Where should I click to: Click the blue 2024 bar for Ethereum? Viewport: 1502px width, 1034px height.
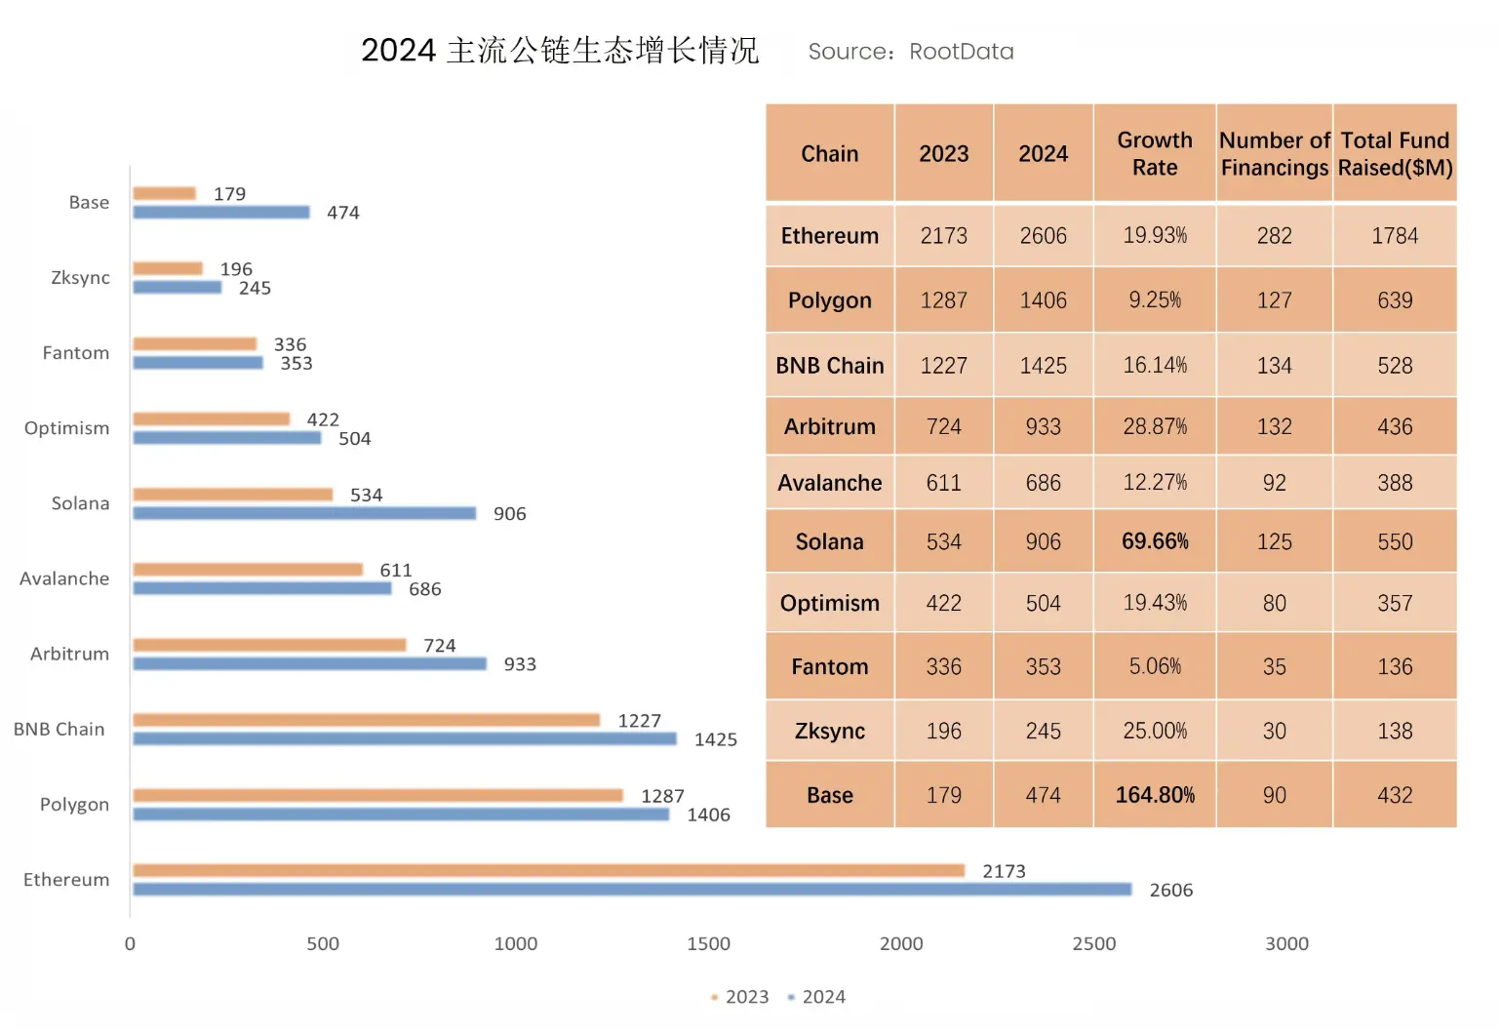632,890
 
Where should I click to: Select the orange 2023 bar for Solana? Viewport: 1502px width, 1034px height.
232,495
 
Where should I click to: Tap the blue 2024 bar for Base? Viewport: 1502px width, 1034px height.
221,213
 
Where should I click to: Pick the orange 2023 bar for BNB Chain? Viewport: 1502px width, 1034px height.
366,720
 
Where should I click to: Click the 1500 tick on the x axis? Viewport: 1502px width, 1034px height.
708,943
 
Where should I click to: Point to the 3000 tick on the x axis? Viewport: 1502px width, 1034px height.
1286,943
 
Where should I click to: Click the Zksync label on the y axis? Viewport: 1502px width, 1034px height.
80,278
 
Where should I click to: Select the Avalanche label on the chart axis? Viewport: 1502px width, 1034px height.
64,578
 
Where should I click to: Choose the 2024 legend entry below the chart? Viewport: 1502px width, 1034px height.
816,997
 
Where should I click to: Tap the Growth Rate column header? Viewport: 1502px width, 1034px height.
1155,154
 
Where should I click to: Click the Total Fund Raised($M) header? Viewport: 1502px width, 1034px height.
1395,154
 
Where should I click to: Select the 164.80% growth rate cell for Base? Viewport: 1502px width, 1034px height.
1155,795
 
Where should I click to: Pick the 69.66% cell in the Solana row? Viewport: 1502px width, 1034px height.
1155,541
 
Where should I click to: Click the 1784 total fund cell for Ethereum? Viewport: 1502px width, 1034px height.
1395,236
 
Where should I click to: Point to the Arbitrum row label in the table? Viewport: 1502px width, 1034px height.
829,427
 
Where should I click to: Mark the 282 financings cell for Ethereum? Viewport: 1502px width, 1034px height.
1274,236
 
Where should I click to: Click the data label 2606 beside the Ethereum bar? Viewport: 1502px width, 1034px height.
1170,890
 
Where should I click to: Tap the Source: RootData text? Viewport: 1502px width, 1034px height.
911,52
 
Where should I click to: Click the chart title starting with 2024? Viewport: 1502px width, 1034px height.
559,51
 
